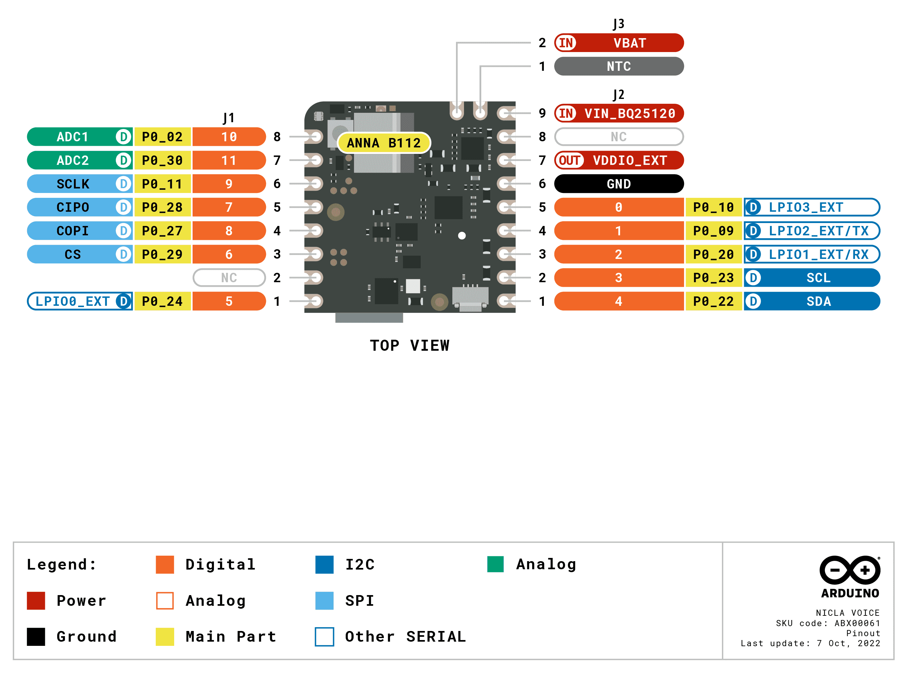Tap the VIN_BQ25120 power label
pos(629,113)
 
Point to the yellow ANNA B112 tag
pos(383,143)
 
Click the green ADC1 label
pos(72,137)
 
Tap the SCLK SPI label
pos(72,184)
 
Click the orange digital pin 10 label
pos(228,137)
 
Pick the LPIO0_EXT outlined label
pos(72,301)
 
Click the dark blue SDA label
pos(818,301)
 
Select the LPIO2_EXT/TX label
pos(818,230)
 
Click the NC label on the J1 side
pos(228,277)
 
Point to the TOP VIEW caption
pos(409,346)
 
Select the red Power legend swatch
pos(36,601)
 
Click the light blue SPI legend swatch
pos(324,601)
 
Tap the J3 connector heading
pos(618,24)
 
